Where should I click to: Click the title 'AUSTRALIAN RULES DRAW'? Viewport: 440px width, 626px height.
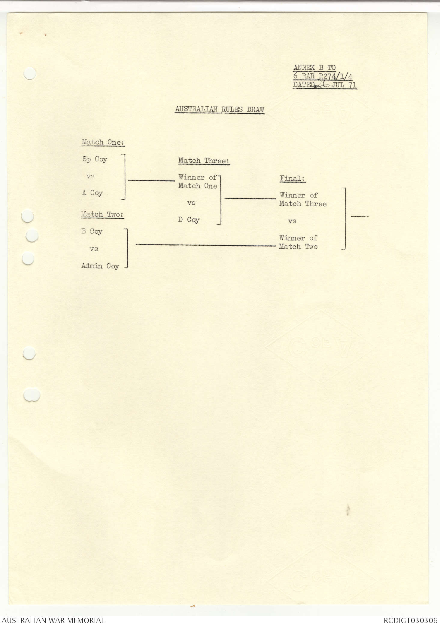(220, 109)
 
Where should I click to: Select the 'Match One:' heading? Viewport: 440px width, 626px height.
(103, 142)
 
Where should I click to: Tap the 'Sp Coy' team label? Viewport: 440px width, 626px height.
(95, 159)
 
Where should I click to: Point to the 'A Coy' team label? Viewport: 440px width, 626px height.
(93, 193)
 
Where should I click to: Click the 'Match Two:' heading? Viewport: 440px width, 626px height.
(102, 214)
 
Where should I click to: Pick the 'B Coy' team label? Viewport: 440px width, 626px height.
(92, 232)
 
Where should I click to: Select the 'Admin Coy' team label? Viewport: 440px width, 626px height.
(100, 266)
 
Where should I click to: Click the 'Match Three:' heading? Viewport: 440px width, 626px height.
(204, 161)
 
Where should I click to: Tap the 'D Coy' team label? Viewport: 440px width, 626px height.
(189, 220)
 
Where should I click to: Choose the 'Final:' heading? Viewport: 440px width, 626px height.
(293, 178)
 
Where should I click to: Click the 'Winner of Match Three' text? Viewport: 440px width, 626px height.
(303, 200)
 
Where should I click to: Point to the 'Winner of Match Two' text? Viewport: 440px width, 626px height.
(298, 242)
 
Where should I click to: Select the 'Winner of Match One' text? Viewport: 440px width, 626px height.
(198, 182)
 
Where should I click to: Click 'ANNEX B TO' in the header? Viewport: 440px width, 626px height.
(314, 68)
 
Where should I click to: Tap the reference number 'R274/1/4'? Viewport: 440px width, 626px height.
(335, 76)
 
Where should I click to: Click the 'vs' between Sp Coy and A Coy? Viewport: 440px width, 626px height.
(90, 176)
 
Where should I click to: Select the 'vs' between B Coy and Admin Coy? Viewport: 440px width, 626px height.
(94, 249)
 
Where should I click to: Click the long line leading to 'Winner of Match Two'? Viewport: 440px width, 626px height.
(205, 245)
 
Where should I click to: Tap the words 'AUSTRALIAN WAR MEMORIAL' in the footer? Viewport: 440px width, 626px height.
(53, 620)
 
